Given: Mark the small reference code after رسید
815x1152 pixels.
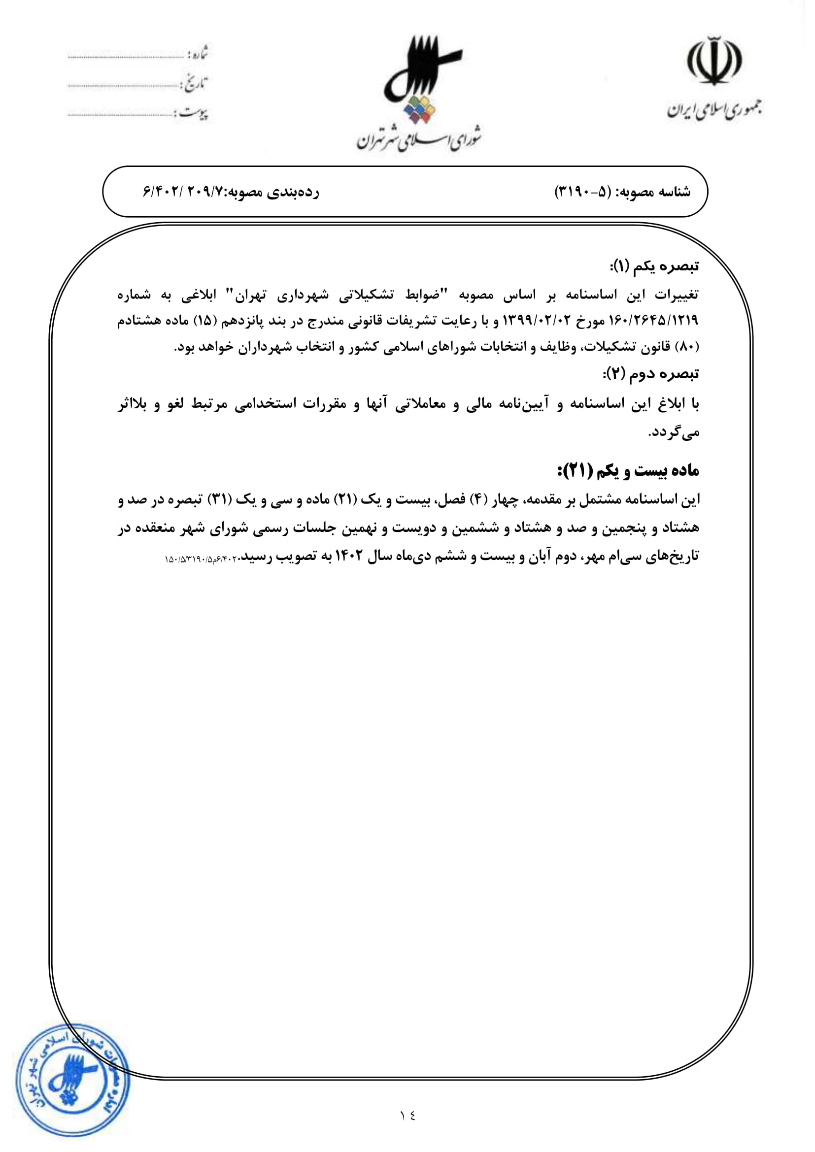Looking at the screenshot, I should tap(201, 559).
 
